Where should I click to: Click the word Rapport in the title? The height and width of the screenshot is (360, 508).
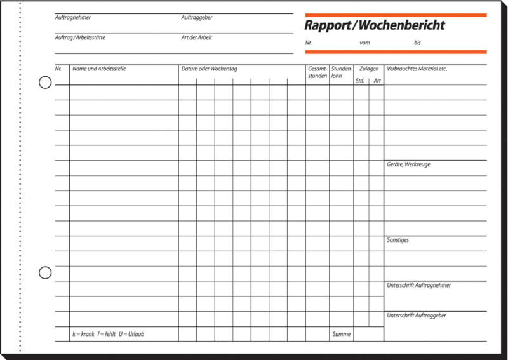pos(326,26)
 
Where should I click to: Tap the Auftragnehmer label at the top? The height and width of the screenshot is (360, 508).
pos(72,17)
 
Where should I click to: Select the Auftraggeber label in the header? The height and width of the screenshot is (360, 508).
pos(196,17)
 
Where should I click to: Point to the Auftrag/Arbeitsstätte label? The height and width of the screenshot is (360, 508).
pos(80,37)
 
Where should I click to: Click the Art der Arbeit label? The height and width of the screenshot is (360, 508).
pos(196,37)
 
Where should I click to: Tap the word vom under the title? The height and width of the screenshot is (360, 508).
pos(364,43)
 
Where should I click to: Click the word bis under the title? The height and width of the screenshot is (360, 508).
pos(417,43)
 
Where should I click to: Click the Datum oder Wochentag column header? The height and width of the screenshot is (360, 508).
pos(209,69)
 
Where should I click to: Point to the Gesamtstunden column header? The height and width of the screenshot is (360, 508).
pos(317,72)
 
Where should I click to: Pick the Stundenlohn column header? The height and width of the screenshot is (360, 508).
pos(342,72)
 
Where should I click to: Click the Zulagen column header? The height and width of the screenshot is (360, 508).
pos(369,69)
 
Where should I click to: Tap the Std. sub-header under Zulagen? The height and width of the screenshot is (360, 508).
pos(360,81)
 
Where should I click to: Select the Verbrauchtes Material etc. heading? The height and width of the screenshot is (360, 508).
pos(417,69)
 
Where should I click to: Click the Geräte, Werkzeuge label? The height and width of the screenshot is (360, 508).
pos(408,164)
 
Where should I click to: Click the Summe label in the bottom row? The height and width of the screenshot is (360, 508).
pos(341,334)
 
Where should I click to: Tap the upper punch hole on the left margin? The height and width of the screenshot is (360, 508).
pos(45,83)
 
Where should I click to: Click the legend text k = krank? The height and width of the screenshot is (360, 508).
pos(83,334)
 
